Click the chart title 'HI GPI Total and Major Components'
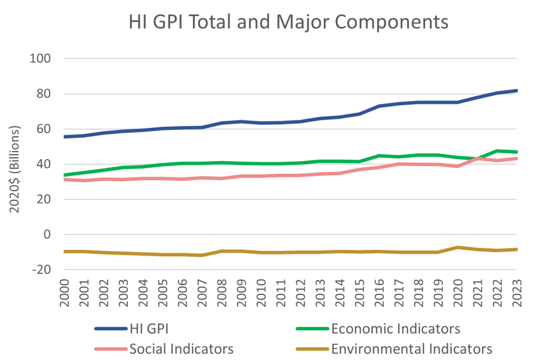288,22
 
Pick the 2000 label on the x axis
64,296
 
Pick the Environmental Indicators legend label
411,348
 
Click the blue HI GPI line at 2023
516,91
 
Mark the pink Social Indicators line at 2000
64,179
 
